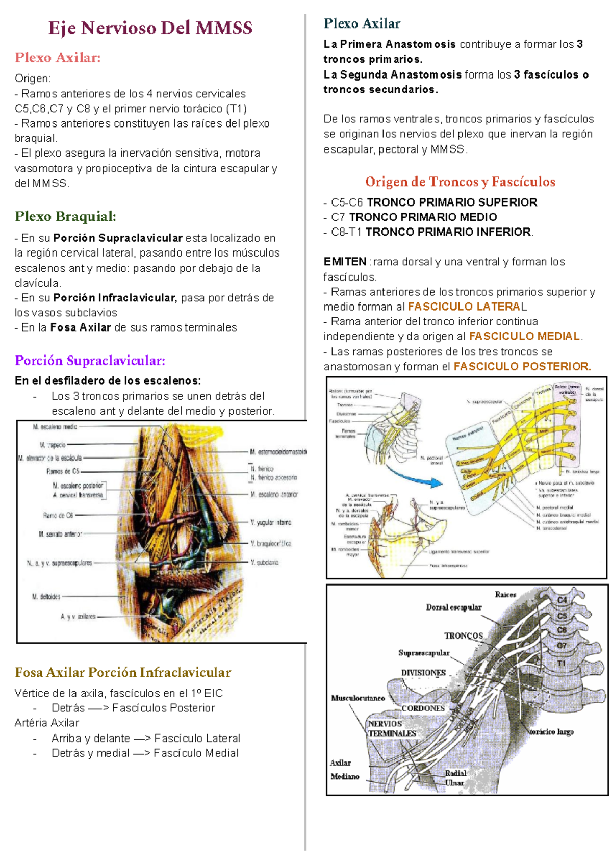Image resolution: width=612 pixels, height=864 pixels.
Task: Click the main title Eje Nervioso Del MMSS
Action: (x=150, y=28)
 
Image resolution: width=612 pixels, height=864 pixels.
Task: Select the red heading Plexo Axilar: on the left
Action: (x=58, y=58)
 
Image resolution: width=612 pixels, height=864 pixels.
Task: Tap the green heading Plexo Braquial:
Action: (x=65, y=217)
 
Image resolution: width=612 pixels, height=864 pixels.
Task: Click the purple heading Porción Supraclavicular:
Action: (x=90, y=361)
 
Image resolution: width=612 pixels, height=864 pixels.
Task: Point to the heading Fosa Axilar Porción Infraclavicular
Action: (x=123, y=672)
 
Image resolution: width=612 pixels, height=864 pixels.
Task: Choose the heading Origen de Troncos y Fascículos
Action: (x=460, y=182)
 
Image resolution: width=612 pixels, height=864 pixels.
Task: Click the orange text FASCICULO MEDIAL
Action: (x=524, y=337)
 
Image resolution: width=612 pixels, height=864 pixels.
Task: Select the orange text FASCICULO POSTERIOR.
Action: (x=522, y=367)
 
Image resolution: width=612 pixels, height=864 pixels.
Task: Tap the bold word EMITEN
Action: (x=345, y=262)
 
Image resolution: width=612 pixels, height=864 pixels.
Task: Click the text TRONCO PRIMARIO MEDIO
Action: (x=423, y=217)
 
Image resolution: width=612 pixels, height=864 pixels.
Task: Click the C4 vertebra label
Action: (x=562, y=600)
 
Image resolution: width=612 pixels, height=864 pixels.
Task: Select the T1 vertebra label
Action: (x=561, y=663)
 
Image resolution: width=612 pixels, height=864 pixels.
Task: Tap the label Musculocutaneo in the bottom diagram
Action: (x=358, y=698)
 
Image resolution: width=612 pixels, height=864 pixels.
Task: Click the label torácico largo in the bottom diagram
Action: (x=551, y=732)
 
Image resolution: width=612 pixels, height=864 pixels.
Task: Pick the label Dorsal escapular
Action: (x=453, y=607)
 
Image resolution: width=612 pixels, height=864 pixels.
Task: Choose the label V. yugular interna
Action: (x=271, y=523)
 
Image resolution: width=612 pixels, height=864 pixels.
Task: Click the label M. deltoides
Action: (x=46, y=596)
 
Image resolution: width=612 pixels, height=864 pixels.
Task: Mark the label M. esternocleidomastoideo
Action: (x=278, y=452)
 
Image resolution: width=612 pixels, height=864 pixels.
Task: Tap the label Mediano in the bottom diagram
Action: (x=345, y=776)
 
